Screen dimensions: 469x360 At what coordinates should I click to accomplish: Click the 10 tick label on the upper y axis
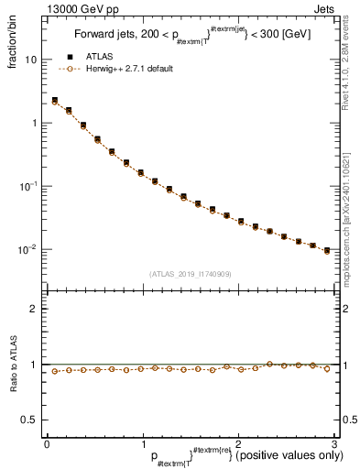(30, 60)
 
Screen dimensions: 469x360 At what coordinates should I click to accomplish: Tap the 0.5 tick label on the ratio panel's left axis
(28, 420)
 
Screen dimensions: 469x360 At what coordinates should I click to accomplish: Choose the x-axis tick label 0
(47, 442)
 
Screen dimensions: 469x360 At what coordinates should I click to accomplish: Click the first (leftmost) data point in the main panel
(55, 101)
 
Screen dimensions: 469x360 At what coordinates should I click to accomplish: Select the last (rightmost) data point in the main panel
(327, 250)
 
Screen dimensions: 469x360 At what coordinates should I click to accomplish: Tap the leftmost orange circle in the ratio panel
(55, 371)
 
